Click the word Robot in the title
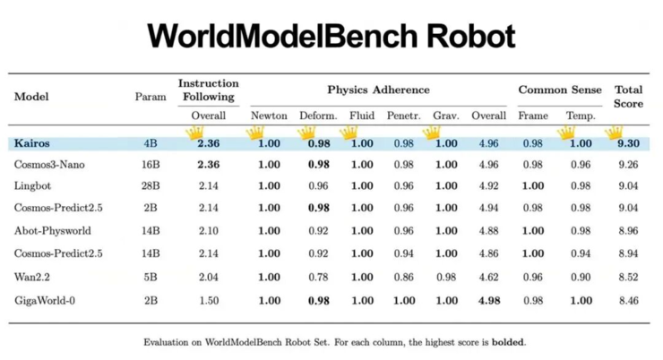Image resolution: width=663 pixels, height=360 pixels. coord(470,36)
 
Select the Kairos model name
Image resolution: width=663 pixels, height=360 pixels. coord(31,143)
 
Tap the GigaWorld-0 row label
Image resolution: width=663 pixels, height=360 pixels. coord(45,300)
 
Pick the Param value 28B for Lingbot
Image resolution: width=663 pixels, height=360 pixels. coord(151,185)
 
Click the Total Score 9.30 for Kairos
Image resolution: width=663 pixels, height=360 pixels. coord(628,143)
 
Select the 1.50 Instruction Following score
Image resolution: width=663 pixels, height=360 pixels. coord(209,300)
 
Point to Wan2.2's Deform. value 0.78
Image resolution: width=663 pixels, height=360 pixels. coord(318,277)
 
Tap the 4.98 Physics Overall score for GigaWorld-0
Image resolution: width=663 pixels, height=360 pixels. coord(489,300)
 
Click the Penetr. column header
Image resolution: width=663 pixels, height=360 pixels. coord(403,116)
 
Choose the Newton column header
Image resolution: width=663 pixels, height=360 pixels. coord(269,116)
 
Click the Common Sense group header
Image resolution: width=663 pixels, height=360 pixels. coord(560,90)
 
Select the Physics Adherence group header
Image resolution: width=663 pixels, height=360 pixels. coord(378,90)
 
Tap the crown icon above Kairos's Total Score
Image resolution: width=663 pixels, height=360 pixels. coord(614,133)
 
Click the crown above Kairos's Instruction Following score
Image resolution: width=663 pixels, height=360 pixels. coord(194,133)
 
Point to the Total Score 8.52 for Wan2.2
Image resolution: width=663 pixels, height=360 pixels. coord(628,277)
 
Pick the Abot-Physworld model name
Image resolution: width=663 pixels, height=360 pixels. coord(53,231)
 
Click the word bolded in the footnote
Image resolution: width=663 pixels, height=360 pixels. coord(508,342)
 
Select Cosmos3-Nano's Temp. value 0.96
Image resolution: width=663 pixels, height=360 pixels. coord(581,165)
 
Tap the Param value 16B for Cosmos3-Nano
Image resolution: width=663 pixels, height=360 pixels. coord(151,165)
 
